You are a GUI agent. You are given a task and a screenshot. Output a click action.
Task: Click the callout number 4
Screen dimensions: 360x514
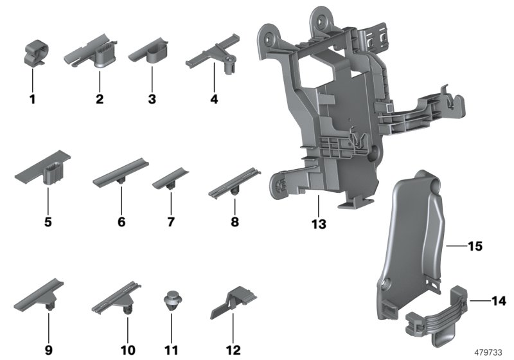[x=214, y=100]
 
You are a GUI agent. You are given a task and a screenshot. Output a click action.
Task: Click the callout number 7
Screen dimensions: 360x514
[x=170, y=222]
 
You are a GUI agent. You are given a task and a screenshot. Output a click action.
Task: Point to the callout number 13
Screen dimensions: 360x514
[x=319, y=224]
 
